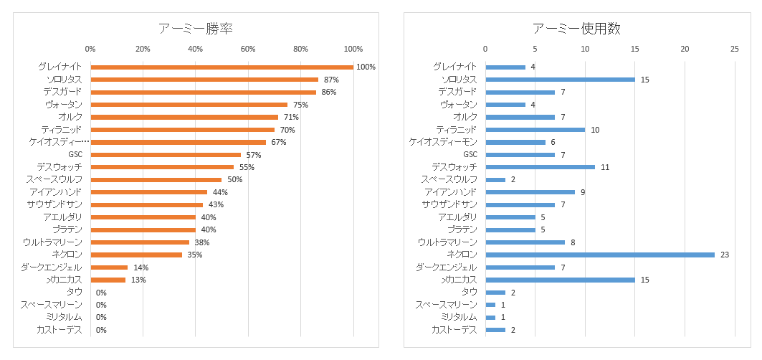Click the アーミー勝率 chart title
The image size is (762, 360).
click(196, 28)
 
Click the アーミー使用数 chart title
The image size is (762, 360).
click(576, 28)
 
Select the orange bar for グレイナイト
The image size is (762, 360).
click(222, 67)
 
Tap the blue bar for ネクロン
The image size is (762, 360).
click(600, 255)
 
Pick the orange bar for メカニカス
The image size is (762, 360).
click(108, 280)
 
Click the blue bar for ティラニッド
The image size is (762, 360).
click(535, 130)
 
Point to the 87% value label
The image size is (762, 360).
click(331, 80)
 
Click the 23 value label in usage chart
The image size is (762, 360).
click(725, 255)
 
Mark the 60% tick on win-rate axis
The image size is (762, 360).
click(248, 49)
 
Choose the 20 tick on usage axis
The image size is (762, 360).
click(685, 49)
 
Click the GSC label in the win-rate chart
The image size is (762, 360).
click(75, 154)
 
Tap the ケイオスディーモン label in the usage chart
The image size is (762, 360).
click(443, 142)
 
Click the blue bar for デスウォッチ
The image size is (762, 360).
click(540, 167)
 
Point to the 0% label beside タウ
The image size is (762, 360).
click(101, 293)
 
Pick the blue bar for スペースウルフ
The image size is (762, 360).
click(495, 179)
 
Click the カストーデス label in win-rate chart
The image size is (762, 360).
click(59, 330)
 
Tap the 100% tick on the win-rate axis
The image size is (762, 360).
click(353, 49)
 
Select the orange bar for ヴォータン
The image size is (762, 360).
click(189, 105)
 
